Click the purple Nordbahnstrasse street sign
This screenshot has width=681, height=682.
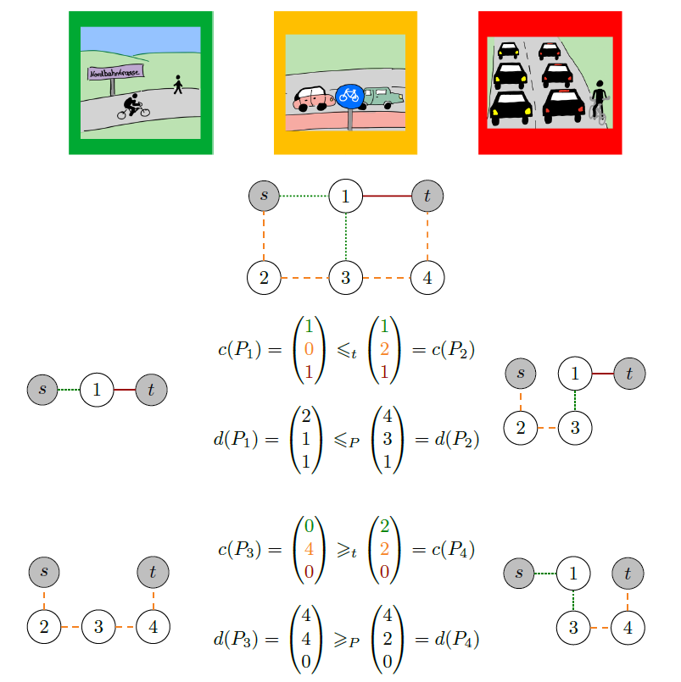[115, 73]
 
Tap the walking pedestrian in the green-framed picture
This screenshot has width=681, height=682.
[177, 85]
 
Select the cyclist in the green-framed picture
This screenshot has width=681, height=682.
[133, 107]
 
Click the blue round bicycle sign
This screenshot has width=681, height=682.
[349, 96]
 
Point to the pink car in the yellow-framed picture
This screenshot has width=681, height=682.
[313, 99]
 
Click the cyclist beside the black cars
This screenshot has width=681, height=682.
[599, 103]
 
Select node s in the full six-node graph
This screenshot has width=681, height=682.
[264, 197]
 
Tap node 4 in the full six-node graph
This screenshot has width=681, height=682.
[427, 278]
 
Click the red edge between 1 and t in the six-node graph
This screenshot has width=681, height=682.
[387, 197]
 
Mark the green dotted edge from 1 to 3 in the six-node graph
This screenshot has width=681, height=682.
[346, 236]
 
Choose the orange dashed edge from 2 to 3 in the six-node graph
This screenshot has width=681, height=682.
[304, 278]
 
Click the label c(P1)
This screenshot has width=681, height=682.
[239, 349]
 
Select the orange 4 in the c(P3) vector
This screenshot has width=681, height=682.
[310, 549]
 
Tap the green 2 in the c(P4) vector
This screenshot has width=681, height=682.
[384, 526]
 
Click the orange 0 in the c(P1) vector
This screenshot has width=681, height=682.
[310, 349]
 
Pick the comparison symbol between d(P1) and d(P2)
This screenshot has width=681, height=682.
[347, 441]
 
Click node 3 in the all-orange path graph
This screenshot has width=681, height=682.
[98, 626]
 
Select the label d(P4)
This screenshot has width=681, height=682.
[457, 639]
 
